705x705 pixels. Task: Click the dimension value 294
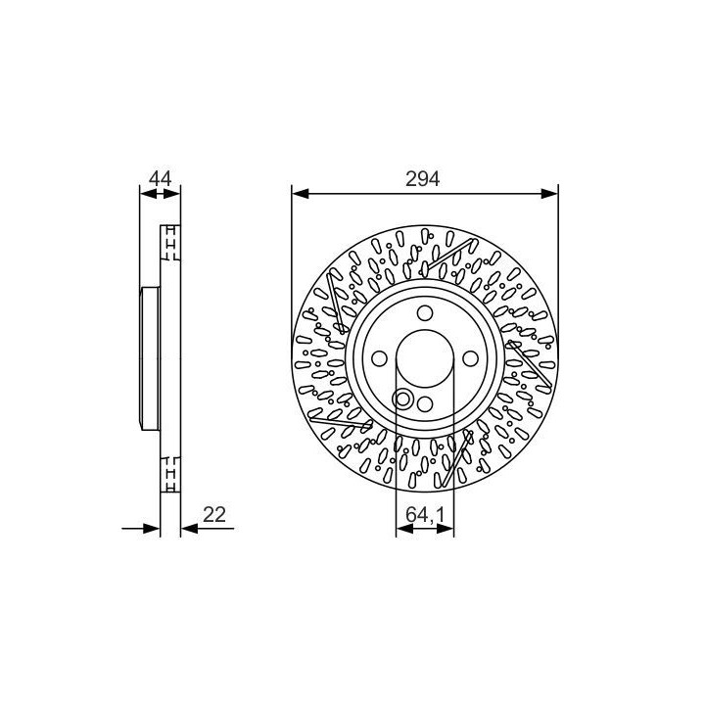422,179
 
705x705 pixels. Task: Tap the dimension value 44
160,178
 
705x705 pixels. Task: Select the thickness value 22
213,514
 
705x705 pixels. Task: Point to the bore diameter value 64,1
425,514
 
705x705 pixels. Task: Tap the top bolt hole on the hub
425,313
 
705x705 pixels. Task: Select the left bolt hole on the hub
380,358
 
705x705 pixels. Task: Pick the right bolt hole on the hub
470,358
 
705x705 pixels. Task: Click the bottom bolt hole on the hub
425,403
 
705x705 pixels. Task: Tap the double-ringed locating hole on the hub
402,399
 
